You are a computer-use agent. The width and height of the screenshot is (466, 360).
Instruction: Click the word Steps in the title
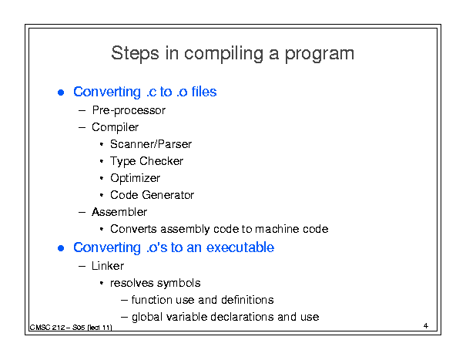tap(135, 53)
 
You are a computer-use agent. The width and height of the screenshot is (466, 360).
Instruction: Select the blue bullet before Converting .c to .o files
tap(61, 93)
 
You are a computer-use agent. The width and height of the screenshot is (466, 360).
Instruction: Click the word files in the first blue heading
tap(204, 91)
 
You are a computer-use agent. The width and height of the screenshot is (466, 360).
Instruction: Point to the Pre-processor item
tap(129, 110)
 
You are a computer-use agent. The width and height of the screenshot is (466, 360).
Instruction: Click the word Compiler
tap(115, 127)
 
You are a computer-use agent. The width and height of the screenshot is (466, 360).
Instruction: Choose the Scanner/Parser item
tap(151, 144)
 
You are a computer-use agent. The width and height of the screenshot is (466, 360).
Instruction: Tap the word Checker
tap(162, 161)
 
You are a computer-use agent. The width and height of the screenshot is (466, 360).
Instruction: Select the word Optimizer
tap(136, 178)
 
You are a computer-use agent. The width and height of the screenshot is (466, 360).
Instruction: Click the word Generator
tap(168, 195)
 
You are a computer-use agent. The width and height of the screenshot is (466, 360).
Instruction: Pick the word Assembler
tap(119, 212)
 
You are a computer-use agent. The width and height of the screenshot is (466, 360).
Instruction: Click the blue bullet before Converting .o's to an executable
tap(61, 248)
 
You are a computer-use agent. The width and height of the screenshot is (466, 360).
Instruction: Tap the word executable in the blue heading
tap(240, 247)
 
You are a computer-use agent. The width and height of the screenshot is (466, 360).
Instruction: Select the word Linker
tap(108, 266)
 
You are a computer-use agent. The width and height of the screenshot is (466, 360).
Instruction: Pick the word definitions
tap(247, 300)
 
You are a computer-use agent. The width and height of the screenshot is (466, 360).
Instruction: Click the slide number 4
tap(426, 326)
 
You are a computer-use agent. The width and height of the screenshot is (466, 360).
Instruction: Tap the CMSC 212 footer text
tap(71, 328)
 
